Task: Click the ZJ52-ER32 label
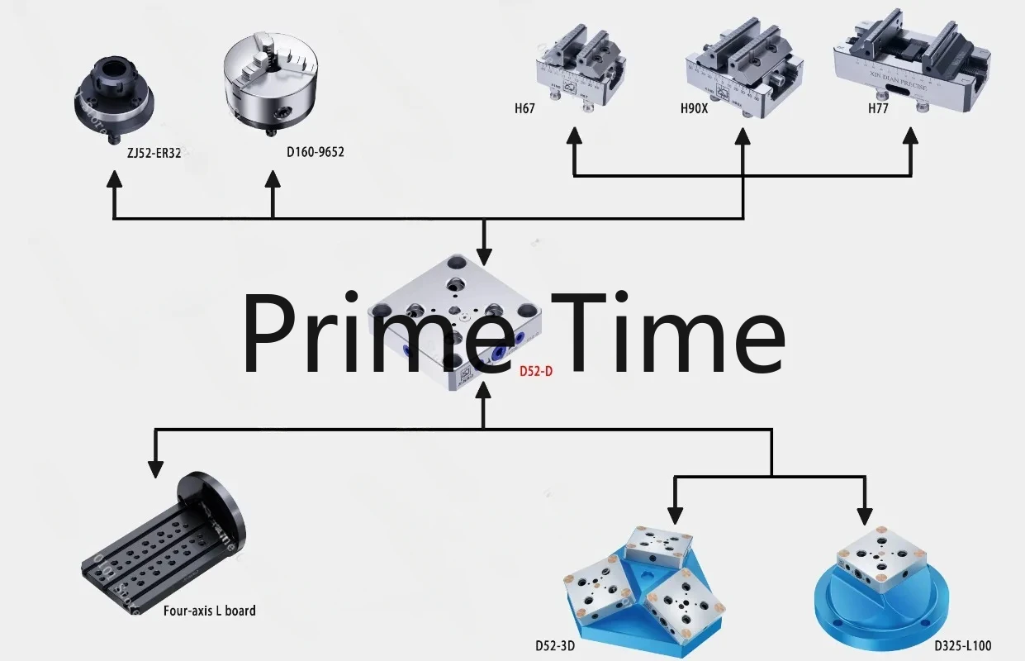coord(149,152)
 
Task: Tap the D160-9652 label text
coord(315,152)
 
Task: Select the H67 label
coord(524,108)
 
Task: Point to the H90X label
coord(694,108)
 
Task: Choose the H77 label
coord(878,108)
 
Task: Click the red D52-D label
coord(536,372)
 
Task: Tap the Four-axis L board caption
coord(209,611)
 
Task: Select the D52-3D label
coord(555,646)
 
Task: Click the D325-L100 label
coord(963,646)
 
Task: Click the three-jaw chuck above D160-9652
coord(272,83)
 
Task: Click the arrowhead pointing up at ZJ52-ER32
coord(114,181)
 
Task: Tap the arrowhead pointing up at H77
coord(910,136)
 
